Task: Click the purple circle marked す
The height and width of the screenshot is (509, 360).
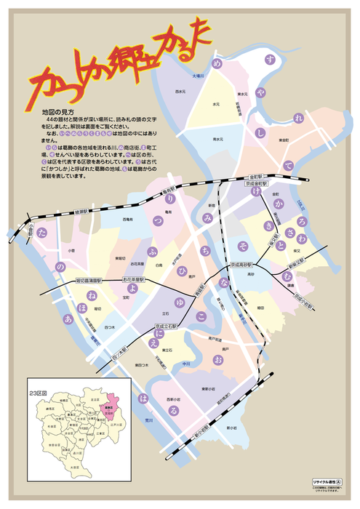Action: [x=271, y=59]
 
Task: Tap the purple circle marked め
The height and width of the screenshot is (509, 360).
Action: [x=217, y=65]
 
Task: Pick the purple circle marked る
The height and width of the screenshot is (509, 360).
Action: [x=172, y=410]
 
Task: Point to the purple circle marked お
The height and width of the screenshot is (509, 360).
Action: [x=217, y=359]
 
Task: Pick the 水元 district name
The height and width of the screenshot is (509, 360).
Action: [x=216, y=105]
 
